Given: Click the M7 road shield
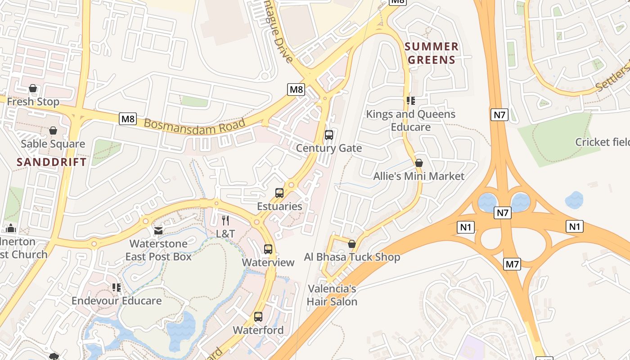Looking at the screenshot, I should point(512,264).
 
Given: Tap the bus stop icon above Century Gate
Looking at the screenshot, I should point(329,135).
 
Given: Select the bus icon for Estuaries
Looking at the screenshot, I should point(279,193).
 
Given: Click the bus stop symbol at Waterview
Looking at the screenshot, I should point(268,249).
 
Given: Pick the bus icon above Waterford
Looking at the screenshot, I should point(258,316).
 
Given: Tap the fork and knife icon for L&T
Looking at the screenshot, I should point(225,220).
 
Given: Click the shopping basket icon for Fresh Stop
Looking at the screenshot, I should point(33,88).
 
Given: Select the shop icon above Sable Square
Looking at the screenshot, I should point(53,130).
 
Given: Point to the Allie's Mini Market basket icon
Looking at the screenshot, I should point(419,163).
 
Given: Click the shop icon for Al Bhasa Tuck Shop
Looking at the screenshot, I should point(352,244).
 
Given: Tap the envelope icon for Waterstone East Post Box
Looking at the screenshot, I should point(158,231).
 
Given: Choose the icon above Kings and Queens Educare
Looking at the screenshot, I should point(410,100).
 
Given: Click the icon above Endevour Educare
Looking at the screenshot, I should point(117,287).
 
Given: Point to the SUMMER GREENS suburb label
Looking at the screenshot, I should point(431,53).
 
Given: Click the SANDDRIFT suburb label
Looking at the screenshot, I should point(51,162).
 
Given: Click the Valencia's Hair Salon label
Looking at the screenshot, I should point(332,295).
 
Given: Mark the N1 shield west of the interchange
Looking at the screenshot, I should point(466,227).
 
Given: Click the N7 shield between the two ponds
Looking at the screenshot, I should point(502,212).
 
